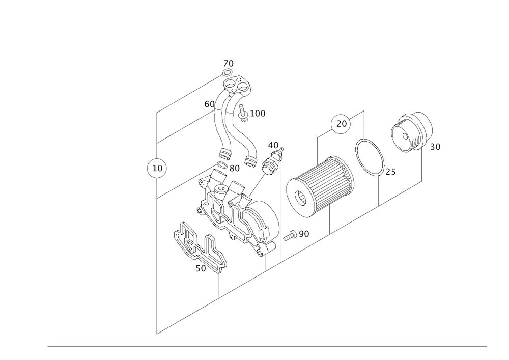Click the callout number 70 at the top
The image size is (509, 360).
[229, 64]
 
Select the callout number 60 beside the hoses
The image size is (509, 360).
[209, 104]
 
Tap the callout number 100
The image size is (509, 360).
[258, 114]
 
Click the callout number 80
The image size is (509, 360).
[235, 168]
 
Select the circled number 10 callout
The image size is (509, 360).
[157, 168]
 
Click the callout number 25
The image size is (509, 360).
[389, 173]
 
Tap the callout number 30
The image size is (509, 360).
[435, 147]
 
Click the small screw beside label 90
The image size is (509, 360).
[291, 235]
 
